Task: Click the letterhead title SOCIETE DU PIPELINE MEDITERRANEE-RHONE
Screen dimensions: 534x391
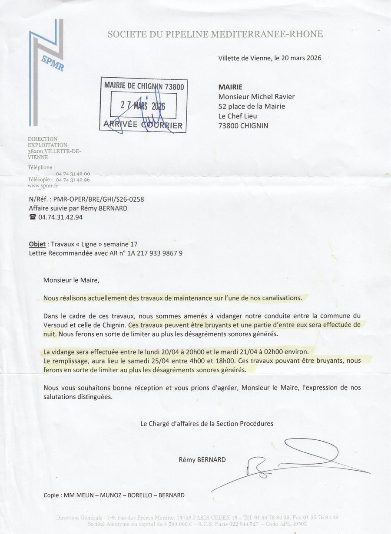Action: tap(215, 34)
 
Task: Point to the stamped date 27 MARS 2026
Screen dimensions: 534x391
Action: tap(143, 106)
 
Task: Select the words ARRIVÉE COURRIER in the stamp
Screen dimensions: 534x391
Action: tap(143, 125)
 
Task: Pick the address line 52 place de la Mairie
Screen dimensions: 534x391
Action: tap(252, 106)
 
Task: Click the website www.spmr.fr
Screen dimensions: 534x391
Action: tap(43, 185)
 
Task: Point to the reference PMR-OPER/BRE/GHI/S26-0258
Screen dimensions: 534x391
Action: tap(99, 199)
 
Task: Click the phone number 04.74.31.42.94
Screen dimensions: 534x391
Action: tap(60, 217)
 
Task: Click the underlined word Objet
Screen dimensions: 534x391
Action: tap(37, 244)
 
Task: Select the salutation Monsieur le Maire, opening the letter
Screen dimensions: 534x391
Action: tap(71, 280)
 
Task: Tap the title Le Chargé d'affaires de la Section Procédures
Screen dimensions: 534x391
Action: tap(207, 423)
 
